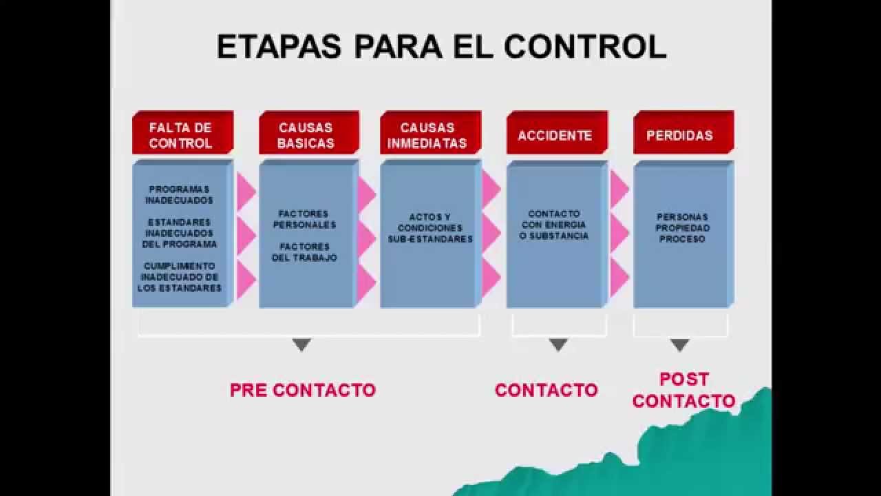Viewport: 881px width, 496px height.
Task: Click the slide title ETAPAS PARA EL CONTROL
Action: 441,46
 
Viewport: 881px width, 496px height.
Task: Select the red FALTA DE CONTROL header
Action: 181,135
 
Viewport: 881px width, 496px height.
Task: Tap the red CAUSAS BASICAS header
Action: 306,135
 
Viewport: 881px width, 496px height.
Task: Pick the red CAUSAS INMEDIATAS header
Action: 427,135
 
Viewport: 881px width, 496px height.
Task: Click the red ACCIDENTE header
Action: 555,135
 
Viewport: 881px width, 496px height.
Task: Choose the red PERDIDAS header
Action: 679,135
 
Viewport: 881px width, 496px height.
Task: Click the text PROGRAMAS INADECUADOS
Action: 180,195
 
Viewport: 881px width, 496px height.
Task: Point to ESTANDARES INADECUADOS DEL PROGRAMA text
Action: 180,234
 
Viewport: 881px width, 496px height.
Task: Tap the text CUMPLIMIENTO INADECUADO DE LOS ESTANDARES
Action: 180,277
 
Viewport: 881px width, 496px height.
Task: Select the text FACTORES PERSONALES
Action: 304,219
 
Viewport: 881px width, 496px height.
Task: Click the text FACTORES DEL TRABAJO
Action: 304,252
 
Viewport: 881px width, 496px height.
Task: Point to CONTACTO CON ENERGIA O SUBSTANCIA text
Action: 554,225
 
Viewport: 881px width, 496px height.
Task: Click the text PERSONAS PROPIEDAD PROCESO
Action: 682,228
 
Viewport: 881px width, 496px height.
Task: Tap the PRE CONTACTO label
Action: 303,390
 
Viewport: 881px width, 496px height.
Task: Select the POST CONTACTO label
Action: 683,390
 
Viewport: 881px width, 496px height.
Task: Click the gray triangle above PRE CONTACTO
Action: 301,344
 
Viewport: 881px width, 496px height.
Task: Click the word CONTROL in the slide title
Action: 585,46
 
